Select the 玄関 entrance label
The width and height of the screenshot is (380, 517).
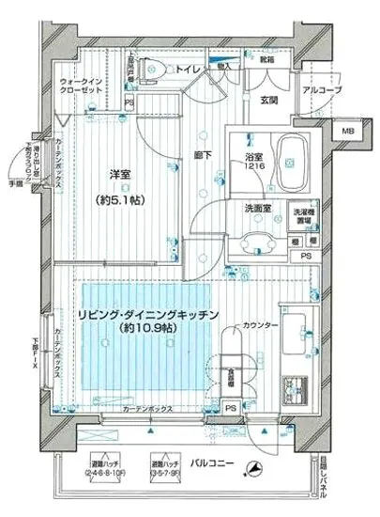[268, 102]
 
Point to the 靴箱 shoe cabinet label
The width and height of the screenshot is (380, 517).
[267, 60]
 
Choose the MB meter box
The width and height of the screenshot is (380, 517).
[347, 132]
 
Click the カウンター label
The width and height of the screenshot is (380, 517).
[260, 325]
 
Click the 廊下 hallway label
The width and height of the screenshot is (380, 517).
[201, 153]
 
